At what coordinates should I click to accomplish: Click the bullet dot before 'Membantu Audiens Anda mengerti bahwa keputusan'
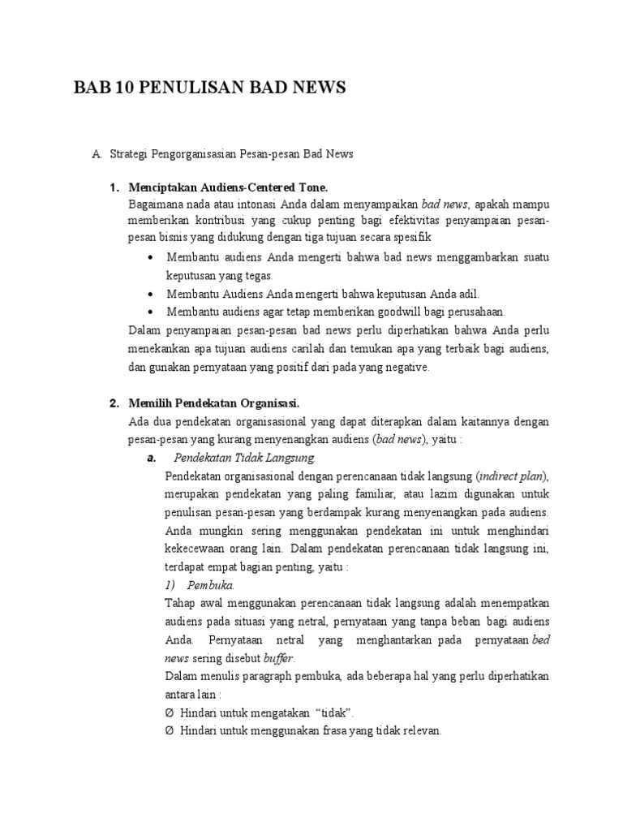tap(153, 294)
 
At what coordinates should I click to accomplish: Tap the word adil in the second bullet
tap(468, 294)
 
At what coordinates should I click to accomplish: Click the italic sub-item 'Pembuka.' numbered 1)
tap(211, 584)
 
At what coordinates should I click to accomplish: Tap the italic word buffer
tap(278, 658)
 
